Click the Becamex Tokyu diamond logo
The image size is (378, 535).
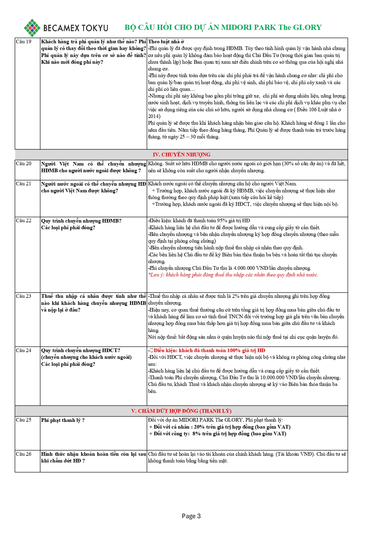point(32,28)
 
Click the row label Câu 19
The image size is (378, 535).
point(23,42)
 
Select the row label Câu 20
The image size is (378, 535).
point(23,164)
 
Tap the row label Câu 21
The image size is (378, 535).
point(23,184)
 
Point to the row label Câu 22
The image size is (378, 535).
point(23,221)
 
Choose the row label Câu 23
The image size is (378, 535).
point(23,296)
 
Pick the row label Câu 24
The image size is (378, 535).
point(23,351)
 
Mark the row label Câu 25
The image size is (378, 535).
point(23,420)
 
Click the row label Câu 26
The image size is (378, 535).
point(23,454)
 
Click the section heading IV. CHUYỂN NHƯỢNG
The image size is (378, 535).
point(182,155)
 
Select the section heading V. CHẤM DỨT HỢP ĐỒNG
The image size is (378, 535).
point(181,411)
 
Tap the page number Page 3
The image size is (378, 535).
point(191,516)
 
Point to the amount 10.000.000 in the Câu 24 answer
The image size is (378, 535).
point(273,378)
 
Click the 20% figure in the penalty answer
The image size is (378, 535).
point(199,427)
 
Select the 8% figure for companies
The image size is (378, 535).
point(196,434)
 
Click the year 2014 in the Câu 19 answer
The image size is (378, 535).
point(153,116)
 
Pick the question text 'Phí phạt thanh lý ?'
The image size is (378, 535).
point(63,420)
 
